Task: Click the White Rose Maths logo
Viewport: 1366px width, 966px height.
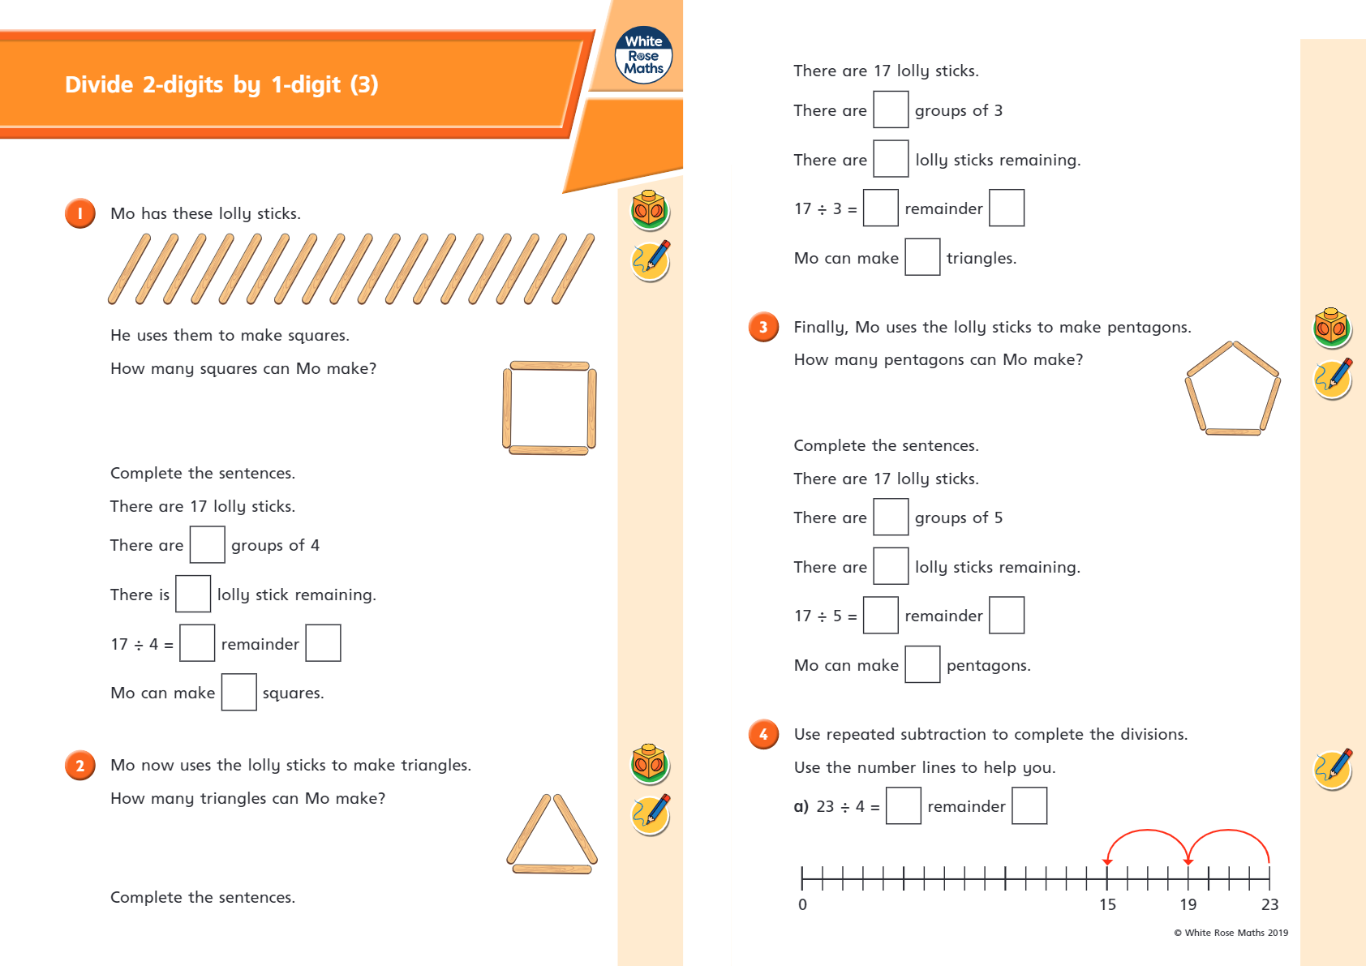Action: pos(643,55)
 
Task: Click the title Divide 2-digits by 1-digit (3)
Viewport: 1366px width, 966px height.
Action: pos(221,84)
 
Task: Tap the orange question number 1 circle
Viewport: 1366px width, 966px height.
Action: pos(80,213)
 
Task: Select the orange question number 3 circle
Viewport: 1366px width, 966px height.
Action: pos(763,327)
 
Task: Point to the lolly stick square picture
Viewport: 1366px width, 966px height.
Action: pos(549,408)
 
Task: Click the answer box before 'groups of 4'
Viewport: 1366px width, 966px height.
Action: pos(207,544)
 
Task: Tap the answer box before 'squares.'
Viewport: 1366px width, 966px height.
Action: pos(238,692)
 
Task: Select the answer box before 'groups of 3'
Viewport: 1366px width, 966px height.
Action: pos(890,109)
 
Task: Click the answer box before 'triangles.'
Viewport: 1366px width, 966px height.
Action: pos(921,257)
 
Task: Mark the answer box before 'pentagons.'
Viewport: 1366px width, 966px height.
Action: pos(921,664)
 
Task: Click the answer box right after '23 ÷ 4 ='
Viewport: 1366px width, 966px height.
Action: pos(903,805)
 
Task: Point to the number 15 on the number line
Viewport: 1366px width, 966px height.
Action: pos(1107,904)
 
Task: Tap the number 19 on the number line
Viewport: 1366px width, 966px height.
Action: pos(1188,904)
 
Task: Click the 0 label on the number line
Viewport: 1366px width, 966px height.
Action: pos(802,904)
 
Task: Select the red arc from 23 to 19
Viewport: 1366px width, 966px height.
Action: pos(1229,832)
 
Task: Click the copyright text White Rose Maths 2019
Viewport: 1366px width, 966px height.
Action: pos(1231,933)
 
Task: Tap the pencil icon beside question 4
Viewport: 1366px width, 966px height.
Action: pos(1332,768)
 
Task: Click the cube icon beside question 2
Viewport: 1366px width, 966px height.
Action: pos(650,763)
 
